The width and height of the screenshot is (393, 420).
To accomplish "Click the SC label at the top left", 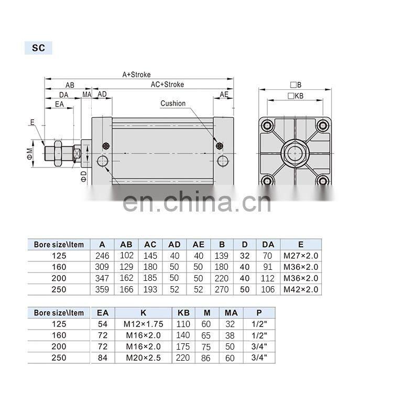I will coord(38,48).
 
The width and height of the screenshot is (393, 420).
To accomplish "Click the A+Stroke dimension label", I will coord(136,75).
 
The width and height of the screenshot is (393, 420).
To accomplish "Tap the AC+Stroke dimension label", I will coord(167,84).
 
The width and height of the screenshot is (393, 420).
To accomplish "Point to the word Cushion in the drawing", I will coord(173,103).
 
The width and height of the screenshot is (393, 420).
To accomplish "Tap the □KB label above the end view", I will coord(296,96).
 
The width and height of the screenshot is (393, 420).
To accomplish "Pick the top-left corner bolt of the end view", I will coord(268,126).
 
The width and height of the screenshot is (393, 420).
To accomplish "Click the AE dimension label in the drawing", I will coord(224,94).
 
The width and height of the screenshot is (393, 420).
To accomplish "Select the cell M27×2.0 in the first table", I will coord(301,256).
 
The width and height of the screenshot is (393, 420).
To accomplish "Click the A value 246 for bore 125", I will coord(102,256).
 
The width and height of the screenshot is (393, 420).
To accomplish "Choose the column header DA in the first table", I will coord(268,244).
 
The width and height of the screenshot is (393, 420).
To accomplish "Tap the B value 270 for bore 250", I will coord(222,289).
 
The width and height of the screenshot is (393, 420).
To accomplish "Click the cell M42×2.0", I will coord(301,289).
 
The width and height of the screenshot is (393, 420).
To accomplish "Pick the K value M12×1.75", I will coord(144,324).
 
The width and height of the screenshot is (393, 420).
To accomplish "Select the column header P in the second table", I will coord(258,312).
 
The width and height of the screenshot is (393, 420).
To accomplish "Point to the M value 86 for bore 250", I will coord(206,358).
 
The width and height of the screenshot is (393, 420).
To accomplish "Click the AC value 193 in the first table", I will coord(150,289).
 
